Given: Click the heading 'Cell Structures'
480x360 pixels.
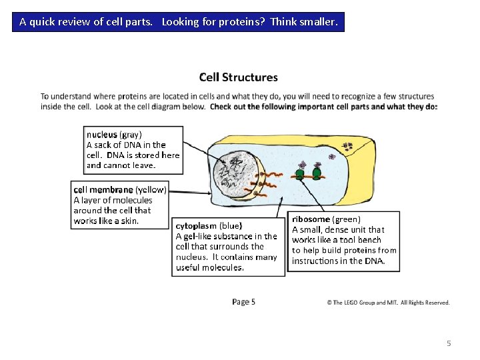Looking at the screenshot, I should pyautogui.click(x=238, y=78).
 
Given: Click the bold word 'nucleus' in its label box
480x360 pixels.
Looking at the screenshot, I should pyautogui.click(x=101, y=134).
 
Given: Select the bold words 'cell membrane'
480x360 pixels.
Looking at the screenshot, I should pyautogui.click(x=103, y=189).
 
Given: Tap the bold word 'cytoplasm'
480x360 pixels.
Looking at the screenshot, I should pyautogui.click(x=196, y=225).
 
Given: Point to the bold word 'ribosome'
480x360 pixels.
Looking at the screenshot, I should pyautogui.click(x=311, y=219).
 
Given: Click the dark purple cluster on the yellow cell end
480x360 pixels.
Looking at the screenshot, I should pyautogui.click(x=347, y=146).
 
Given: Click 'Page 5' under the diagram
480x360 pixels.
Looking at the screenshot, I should pyautogui.click(x=243, y=302).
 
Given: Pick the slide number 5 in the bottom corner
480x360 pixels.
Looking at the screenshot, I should pyautogui.click(x=449, y=343).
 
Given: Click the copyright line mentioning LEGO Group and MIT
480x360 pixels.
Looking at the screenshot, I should pyautogui.click(x=388, y=303).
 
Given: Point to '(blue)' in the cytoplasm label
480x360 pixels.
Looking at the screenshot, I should pyautogui.click(x=231, y=225).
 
